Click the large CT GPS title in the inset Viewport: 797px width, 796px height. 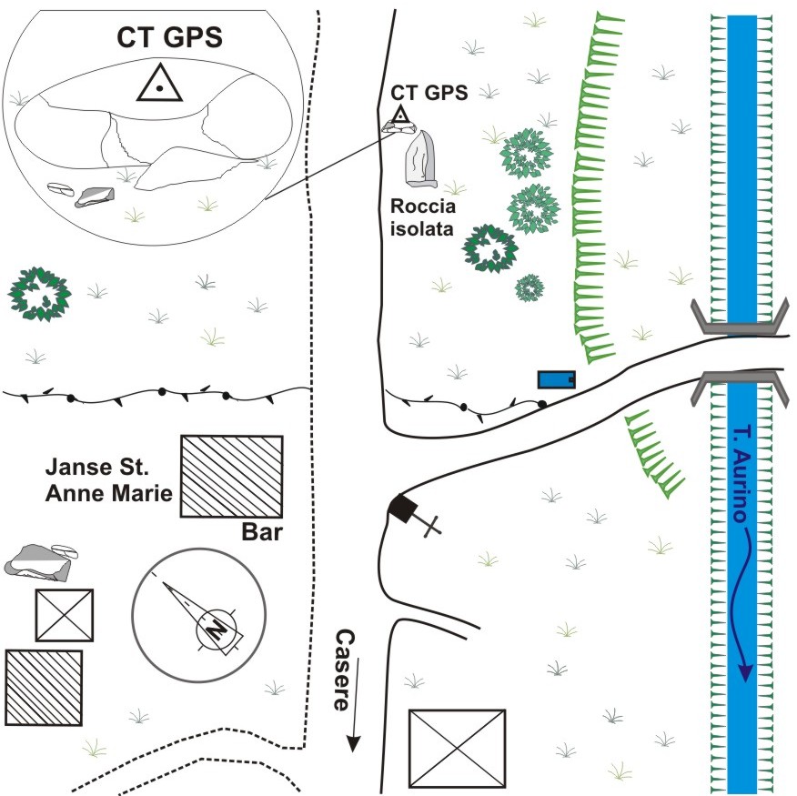[x=170, y=37]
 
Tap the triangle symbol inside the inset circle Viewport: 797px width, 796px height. [x=159, y=84]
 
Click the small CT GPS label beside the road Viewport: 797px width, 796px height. [x=429, y=92]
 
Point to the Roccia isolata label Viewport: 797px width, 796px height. [x=422, y=217]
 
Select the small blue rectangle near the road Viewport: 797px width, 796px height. [x=556, y=378]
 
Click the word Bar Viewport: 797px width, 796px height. [x=260, y=530]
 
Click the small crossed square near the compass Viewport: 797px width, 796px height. [x=64, y=615]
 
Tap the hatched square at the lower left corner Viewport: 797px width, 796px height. [x=44, y=687]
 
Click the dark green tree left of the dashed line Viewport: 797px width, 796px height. [x=39, y=292]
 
